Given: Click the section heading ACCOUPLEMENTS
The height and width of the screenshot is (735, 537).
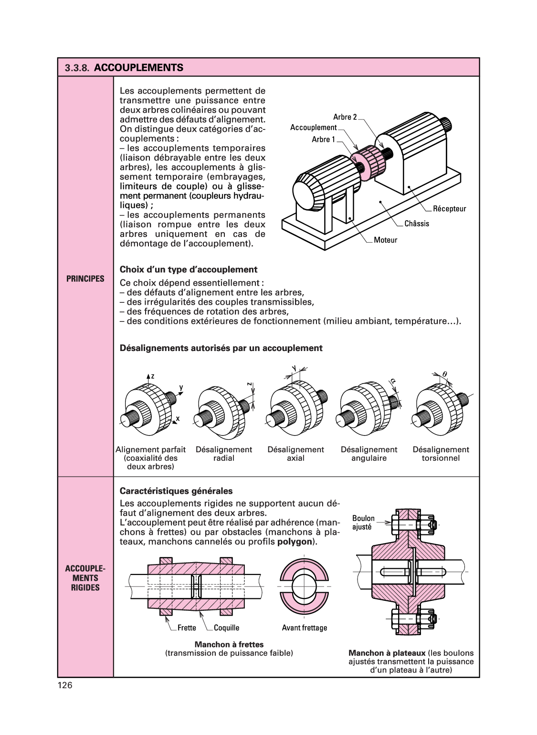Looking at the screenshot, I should pos(138,68).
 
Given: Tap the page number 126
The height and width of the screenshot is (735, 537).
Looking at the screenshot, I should pos(65,685).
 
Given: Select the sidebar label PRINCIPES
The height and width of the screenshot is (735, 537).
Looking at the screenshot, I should pos(85,279).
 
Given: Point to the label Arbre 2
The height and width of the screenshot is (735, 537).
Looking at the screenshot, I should pos(345,117).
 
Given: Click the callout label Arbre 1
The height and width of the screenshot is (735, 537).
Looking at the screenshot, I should pos(323,139).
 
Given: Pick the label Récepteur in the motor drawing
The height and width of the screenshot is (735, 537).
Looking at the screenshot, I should pos(449,209).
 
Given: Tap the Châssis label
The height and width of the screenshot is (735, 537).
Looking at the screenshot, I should pos(417,224).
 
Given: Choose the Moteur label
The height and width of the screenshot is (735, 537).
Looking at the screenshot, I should pos(385,240).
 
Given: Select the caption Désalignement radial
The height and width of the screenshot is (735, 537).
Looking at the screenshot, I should pos(224,454).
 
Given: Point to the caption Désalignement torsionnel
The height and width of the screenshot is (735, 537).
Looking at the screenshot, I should pos(441,454).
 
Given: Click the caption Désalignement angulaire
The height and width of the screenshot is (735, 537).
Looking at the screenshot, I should pos(369,454).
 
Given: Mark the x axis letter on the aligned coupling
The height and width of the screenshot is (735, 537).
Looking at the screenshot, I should pos(178,418).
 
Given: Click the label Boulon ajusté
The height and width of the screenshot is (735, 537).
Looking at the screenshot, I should pos(363,522).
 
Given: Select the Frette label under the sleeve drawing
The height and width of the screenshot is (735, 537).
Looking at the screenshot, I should pos(187,628).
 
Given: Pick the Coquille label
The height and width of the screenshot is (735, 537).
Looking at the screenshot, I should pos(226,628).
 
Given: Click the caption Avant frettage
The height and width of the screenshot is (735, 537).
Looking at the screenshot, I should pos(304,628).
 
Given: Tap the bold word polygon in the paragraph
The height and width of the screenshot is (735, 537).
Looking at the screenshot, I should pos(295,542).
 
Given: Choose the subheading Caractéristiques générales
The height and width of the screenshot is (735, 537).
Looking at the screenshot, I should pos(176,491).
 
